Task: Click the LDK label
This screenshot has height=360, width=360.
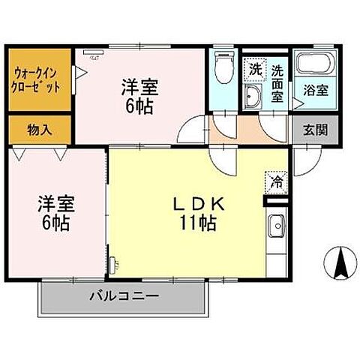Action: coord(198,204)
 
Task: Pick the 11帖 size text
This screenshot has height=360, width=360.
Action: coord(198,222)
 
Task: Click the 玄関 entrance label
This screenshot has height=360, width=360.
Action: coord(315,129)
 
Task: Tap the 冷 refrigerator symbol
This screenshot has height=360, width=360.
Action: coord(276,181)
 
